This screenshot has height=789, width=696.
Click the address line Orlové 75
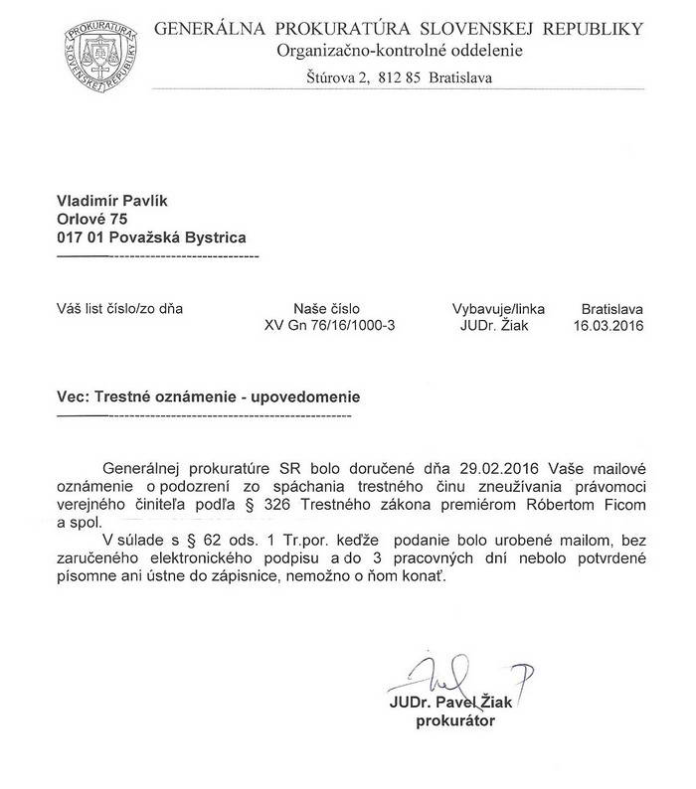tap(92, 219)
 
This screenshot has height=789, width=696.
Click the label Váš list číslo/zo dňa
tap(119, 308)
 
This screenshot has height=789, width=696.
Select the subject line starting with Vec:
tap(208, 395)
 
